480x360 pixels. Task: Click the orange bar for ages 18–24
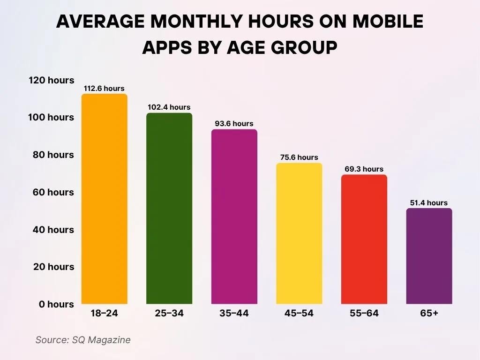tap(104, 199)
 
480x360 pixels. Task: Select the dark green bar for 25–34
tap(169, 209)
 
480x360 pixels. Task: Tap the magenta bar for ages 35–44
tap(234, 217)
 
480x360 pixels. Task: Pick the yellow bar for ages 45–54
tap(299, 233)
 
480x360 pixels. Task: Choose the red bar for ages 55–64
tap(364, 240)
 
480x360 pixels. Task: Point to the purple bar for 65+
tap(429, 256)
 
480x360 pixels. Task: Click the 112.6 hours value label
tap(104, 89)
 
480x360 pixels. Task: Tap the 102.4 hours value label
tap(169, 107)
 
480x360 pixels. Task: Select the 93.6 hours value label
tap(234, 124)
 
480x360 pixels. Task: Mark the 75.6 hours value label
tap(299, 157)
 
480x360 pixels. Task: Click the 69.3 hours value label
tap(364, 169)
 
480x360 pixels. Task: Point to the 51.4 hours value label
tap(428, 203)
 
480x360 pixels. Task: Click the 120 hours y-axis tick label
tap(51, 80)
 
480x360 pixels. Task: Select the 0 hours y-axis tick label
tap(56, 304)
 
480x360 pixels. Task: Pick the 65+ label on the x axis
tap(428, 314)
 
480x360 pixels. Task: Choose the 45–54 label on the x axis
tap(299, 314)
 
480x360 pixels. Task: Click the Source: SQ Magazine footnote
tap(83, 340)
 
